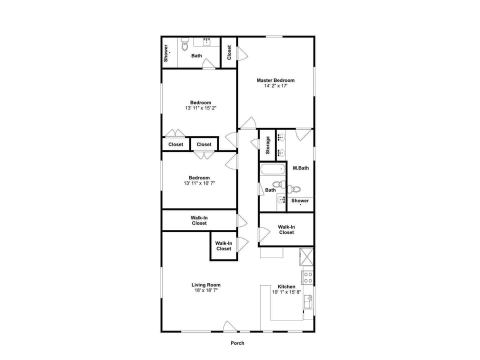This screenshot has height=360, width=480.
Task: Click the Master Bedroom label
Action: pyautogui.click(x=275, y=80)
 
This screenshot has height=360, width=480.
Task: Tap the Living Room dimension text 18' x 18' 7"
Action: pyautogui.click(x=206, y=290)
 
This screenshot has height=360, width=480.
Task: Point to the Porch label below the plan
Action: pyautogui.click(x=237, y=343)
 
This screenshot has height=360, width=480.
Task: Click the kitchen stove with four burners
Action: pyautogui.click(x=308, y=277)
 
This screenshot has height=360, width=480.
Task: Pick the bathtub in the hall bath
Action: pyautogui.click(x=272, y=169)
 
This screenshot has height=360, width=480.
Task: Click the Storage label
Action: pyautogui.click(x=268, y=145)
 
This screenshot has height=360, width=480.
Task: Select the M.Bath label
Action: pyautogui.click(x=300, y=168)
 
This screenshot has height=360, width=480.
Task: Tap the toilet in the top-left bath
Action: pyautogui.click(x=184, y=45)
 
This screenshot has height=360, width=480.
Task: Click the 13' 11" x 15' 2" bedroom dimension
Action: pyautogui.click(x=200, y=107)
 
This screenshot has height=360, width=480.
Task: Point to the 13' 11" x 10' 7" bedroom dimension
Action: pyautogui.click(x=199, y=182)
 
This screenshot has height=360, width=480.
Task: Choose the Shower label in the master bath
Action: pyautogui.click(x=300, y=200)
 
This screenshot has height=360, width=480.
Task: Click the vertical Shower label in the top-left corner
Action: pyautogui.click(x=166, y=53)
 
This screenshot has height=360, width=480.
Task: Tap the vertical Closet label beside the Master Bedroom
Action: pyautogui.click(x=229, y=52)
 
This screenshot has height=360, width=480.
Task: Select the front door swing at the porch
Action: pyautogui.click(x=230, y=326)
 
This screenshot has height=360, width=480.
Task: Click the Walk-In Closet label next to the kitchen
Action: pyautogui.click(x=286, y=229)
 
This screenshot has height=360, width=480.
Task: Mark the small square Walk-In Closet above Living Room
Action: pyautogui.click(x=223, y=246)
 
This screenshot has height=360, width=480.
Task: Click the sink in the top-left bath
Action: pyautogui.click(x=206, y=42)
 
